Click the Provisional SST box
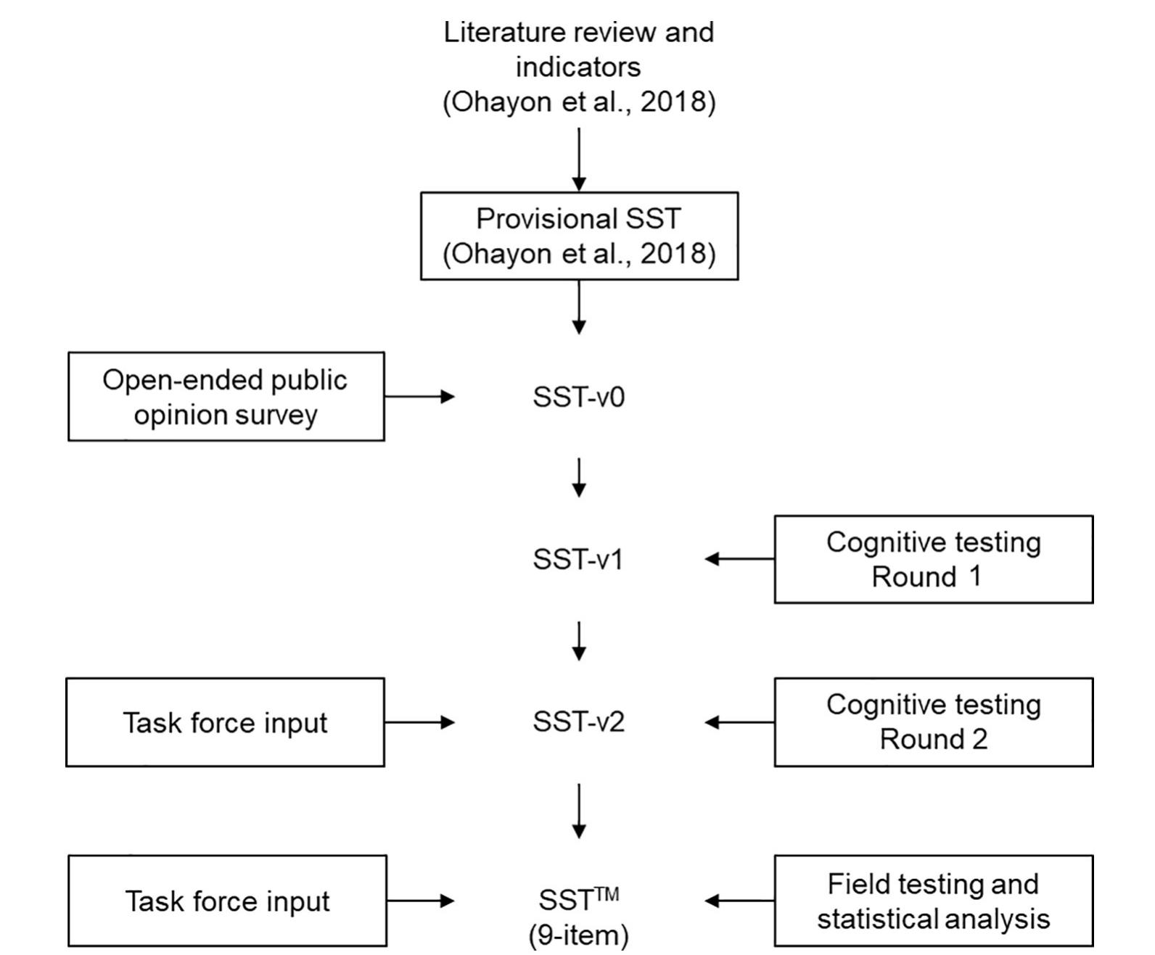tap(579, 236)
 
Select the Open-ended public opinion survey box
tap(226, 397)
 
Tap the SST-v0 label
tap(578, 397)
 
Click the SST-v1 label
tap(578, 559)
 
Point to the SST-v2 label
tap(578, 722)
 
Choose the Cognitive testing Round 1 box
tap(933, 559)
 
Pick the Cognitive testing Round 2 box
tap(933, 722)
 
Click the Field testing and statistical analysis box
tap(933, 901)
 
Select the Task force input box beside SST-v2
tap(225, 722)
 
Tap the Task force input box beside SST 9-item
tap(227, 901)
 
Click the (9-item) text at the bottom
tap(578, 935)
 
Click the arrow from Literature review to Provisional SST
tap(579, 160)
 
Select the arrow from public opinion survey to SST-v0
tap(419, 396)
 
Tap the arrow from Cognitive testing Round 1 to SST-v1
tap(739, 559)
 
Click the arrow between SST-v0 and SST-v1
tap(579, 476)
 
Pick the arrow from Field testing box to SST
tap(739, 901)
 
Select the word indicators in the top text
tap(578, 67)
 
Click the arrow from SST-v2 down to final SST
tap(579, 811)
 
